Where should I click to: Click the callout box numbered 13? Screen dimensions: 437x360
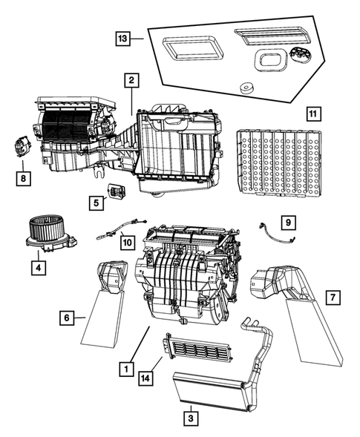click(x=123, y=37)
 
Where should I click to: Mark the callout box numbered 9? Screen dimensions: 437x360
click(x=287, y=221)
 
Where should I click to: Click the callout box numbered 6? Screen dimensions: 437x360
click(x=68, y=318)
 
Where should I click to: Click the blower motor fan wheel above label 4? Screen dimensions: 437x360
click(x=47, y=229)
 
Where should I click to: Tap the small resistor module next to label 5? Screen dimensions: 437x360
click(x=117, y=191)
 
